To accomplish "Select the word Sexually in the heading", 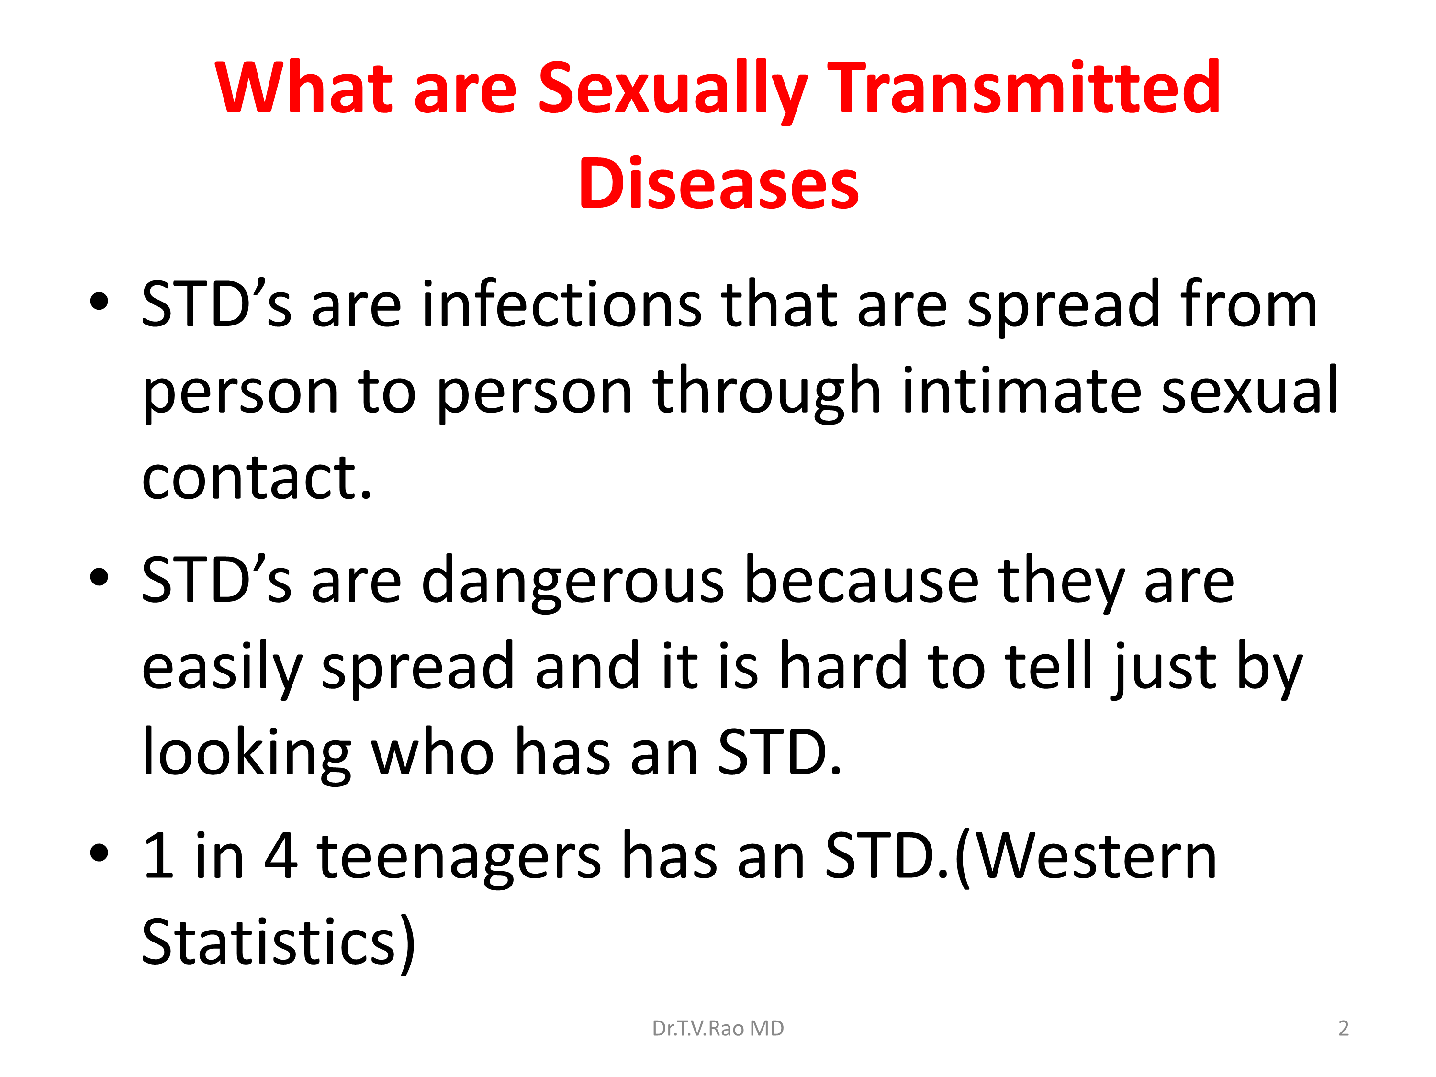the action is point(673,91).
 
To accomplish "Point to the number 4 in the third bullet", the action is point(280,856).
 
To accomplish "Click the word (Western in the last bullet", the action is point(1086,857).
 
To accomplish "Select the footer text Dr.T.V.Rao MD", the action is point(718,1028).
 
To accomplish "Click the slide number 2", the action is point(1344,1028).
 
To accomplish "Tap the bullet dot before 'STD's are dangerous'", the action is point(100,576).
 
